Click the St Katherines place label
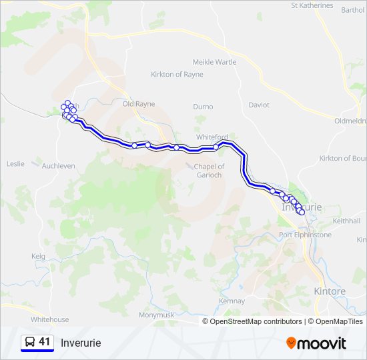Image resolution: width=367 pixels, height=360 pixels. point(312,5)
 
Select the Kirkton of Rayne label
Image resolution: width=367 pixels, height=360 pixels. point(176,74)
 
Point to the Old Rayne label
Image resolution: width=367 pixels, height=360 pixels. point(139,104)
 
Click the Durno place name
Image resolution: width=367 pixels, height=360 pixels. point(203,107)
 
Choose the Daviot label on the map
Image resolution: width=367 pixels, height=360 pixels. point(259,105)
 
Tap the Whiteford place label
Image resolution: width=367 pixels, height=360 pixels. point(212,137)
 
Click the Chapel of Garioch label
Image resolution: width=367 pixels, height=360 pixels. point(209,170)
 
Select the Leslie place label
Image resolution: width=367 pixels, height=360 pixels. point(15,163)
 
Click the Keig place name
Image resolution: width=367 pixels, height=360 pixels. point(38,256)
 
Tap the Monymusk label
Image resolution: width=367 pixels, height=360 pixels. point(155,315)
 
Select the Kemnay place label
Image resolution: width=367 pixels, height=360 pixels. point(232,301)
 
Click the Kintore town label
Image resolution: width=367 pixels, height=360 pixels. point(330,291)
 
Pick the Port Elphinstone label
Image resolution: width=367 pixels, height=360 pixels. point(305,235)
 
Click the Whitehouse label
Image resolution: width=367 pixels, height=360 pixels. point(49,319)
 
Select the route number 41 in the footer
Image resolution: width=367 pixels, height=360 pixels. point(45,342)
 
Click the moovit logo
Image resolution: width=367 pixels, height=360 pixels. point(316,343)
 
